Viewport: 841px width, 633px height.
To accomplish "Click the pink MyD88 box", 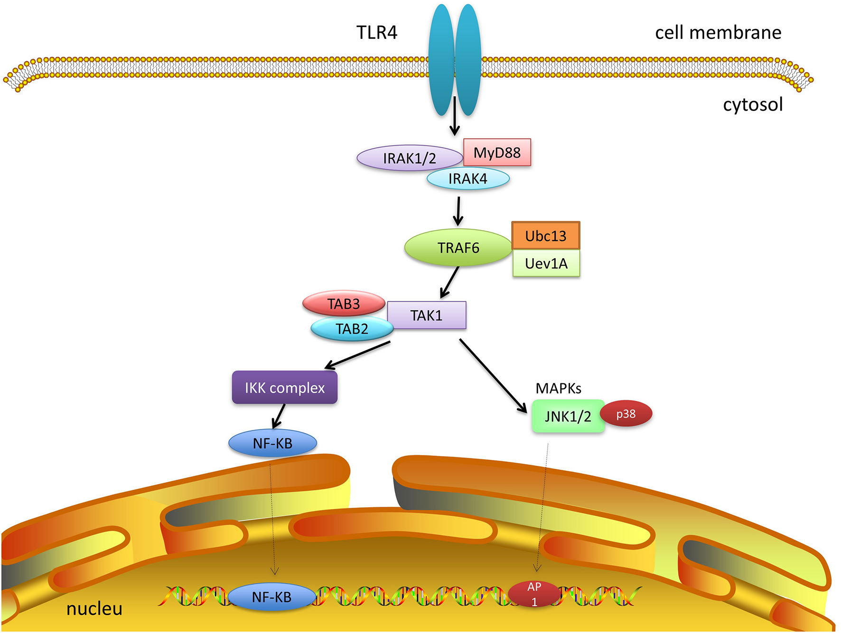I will pyautogui.click(x=497, y=152).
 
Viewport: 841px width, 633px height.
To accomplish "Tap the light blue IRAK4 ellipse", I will pyautogui.click(x=468, y=179).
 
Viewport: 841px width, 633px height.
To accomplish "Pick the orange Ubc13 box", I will pyautogui.click(x=546, y=236).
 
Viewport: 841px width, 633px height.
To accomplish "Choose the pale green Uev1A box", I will pyautogui.click(x=546, y=263).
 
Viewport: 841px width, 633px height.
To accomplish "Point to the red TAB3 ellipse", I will pyautogui.click(x=344, y=304).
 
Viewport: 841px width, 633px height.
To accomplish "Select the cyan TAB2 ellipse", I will pyautogui.click(x=352, y=329).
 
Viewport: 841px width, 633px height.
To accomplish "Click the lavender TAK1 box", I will pyautogui.click(x=426, y=316).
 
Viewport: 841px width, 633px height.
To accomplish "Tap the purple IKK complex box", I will pyautogui.click(x=285, y=388).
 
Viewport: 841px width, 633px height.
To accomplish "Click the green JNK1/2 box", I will pyautogui.click(x=568, y=416).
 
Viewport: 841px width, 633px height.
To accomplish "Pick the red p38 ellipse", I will pyautogui.click(x=626, y=414).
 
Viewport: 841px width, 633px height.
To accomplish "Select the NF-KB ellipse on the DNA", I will pyautogui.click(x=271, y=597).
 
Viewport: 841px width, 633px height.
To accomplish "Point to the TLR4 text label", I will pyautogui.click(x=376, y=32).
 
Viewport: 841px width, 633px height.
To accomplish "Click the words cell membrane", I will pyautogui.click(x=718, y=32).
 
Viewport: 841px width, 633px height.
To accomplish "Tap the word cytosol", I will pyautogui.click(x=753, y=104).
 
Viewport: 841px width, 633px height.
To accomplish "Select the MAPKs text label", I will pyautogui.click(x=558, y=388).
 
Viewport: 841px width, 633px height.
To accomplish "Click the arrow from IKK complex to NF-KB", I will pyautogui.click(x=279, y=416).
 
